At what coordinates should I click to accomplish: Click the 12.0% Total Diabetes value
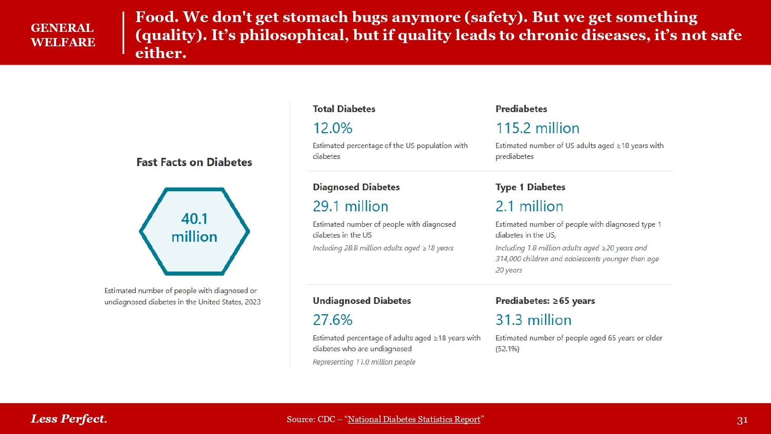tap(333, 128)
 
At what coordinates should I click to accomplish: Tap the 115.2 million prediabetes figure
tap(537, 128)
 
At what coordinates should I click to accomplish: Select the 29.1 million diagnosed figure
tap(351, 206)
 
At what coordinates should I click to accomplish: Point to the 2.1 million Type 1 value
tap(529, 206)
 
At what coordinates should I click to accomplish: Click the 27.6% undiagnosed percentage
tap(333, 320)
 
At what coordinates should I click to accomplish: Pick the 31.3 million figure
tap(533, 320)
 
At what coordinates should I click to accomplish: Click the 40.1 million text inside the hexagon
tap(194, 228)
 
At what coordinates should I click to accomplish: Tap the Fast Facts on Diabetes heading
tap(194, 162)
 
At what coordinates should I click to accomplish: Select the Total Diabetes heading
tap(344, 109)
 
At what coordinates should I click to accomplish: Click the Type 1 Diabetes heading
tap(530, 187)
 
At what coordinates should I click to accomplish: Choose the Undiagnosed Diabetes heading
tap(362, 301)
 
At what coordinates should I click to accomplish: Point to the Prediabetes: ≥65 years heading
tap(545, 301)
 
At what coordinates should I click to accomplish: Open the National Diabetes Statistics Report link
tap(414, 420)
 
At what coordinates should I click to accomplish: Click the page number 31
tap(742, 420)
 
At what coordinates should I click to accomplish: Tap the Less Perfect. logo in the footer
tap(69, 419)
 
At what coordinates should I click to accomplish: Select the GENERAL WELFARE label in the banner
tap(63, 35)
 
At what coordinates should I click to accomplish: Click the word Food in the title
tap(156, 17)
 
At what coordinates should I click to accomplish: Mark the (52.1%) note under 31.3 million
tap(507, 349)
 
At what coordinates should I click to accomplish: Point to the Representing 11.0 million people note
tap(364, 362)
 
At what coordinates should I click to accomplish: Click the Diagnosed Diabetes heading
tap(356, 187)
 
